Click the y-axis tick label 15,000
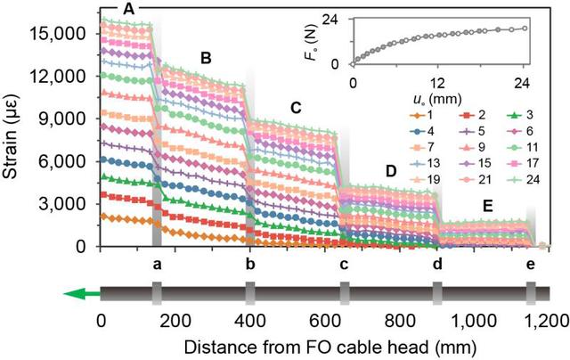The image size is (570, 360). pos(61,34)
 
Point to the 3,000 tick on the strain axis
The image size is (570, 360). pos(65,203)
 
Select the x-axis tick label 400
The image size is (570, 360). pos(250,321)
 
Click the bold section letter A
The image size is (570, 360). pos(129,8)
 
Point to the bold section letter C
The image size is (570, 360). pos(296,108)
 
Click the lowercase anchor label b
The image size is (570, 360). pos(250,265)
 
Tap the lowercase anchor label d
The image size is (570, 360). pos(436,265)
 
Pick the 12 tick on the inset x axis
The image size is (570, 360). pos(438,82)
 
